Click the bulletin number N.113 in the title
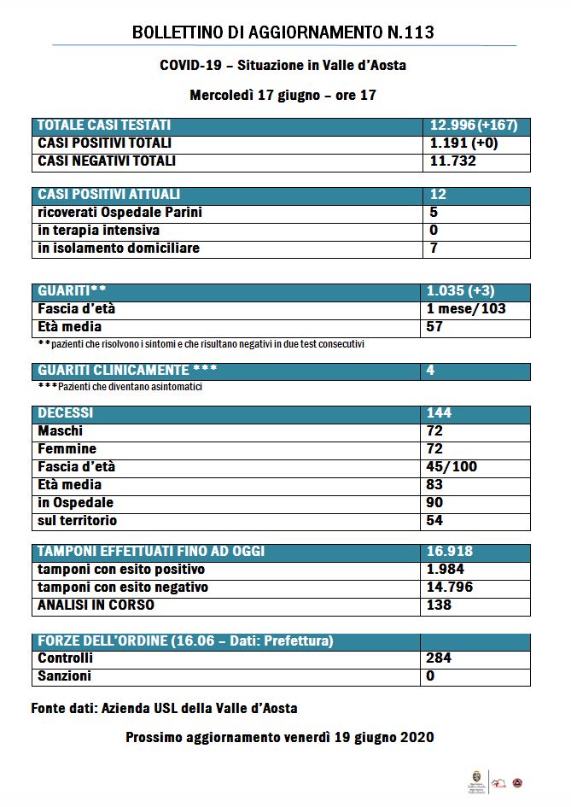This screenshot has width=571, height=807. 405,33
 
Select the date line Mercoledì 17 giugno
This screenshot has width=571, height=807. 283,95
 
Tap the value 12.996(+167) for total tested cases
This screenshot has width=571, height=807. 474,126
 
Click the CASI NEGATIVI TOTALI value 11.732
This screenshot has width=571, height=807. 452,161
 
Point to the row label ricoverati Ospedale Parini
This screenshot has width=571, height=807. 119,213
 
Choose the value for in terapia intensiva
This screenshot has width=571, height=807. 434,231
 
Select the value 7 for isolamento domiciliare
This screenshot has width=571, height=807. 434,249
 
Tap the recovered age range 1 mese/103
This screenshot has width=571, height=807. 466,308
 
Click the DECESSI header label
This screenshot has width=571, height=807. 66,413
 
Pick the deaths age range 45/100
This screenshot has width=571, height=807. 452,466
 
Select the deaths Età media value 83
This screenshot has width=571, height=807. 434,484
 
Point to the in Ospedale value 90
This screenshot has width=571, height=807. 434,502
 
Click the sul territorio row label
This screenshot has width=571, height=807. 78,520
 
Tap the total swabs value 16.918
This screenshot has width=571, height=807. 449,552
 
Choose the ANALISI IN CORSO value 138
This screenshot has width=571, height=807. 439,605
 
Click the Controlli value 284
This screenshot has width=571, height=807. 439,658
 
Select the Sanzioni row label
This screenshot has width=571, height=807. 65,676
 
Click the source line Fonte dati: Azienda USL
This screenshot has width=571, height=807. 164,708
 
